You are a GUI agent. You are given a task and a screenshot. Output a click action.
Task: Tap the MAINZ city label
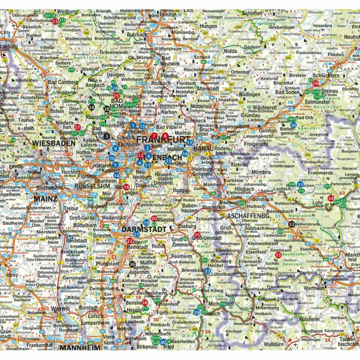[45, 199]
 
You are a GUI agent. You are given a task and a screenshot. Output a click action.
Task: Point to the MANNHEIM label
[80, 347]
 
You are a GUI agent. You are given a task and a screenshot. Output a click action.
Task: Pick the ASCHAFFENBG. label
[248, 216]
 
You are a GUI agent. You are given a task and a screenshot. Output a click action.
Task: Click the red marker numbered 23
[55, 22]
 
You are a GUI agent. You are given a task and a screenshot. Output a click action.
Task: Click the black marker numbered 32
[292, 224]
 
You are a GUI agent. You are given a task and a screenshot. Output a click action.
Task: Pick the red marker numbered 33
[278, 255]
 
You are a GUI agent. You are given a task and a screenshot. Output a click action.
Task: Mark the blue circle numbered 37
[207, 271]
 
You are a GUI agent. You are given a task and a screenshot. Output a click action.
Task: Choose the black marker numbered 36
[132, 264]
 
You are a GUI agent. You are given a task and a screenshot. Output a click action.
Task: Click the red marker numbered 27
[77, 127]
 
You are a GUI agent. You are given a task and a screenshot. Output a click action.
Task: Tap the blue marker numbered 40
[163, 342]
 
